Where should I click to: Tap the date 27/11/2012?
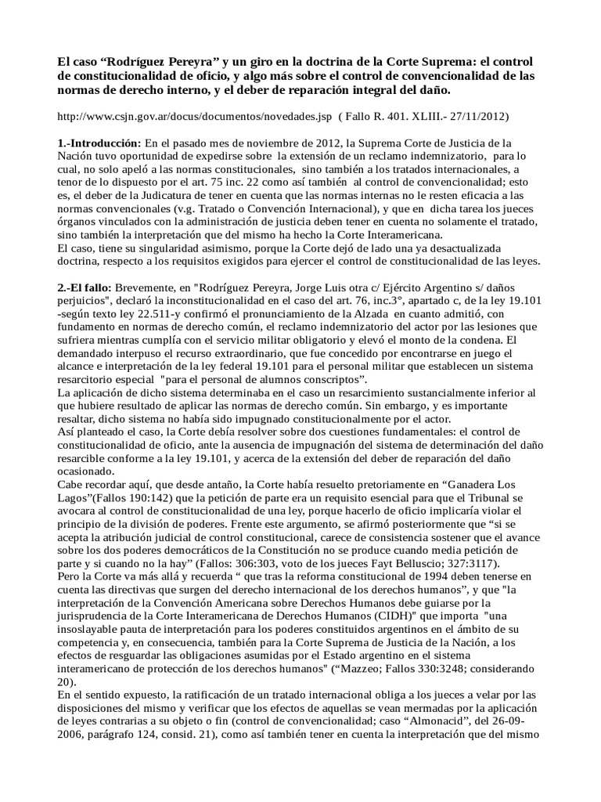[x=476, y=117]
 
